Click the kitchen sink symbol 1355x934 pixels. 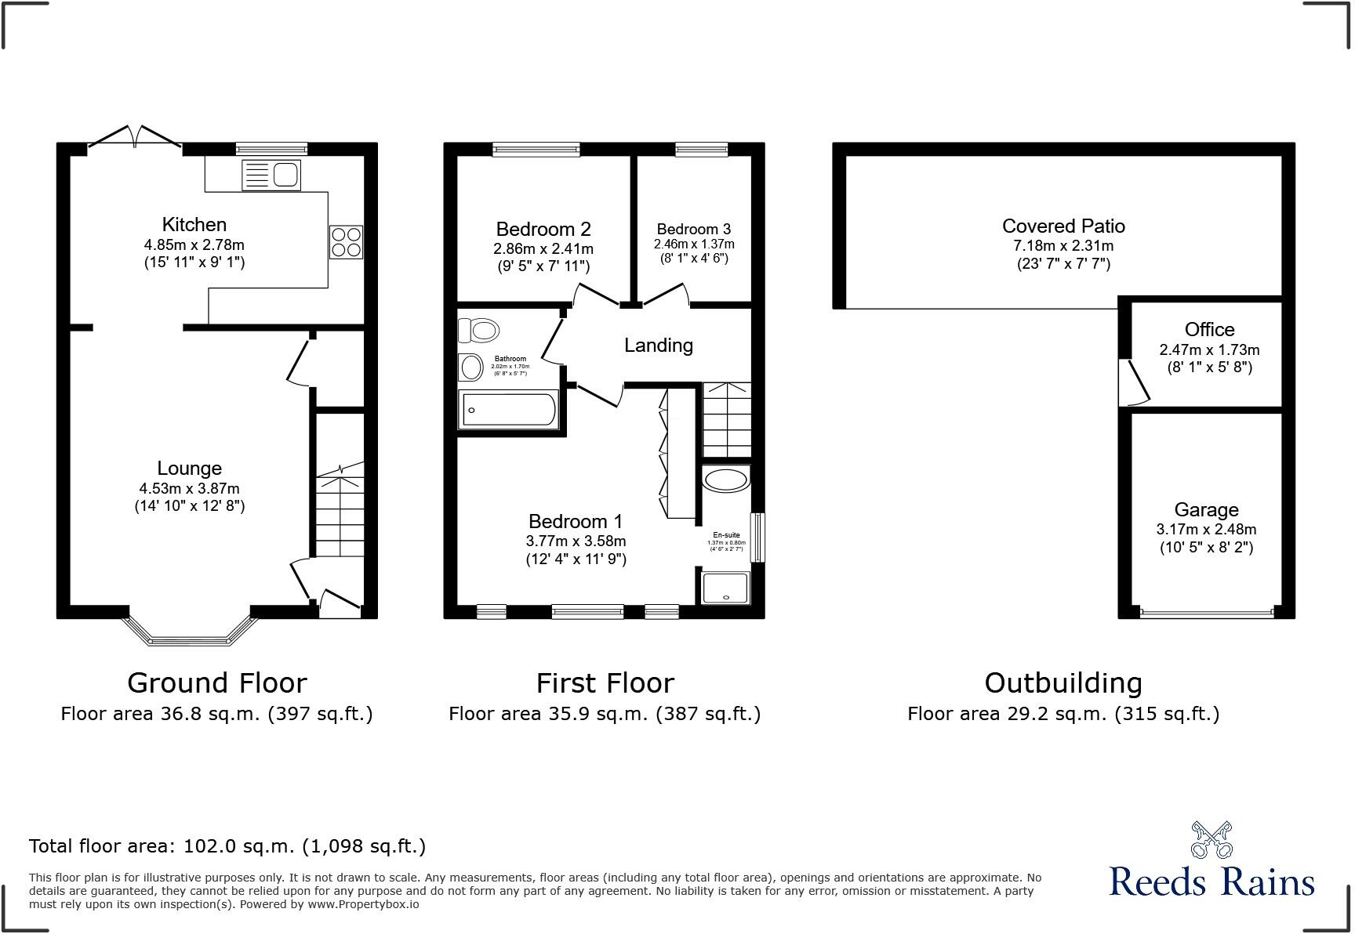point(271,174)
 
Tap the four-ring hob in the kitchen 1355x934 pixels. point(346,242)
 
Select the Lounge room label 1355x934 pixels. point(189,469)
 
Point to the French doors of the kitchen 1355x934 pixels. point(136,137)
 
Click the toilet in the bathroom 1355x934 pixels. point(478,330)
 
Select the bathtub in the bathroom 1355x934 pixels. point(509,410)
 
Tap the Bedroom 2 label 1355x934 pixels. point(543,230)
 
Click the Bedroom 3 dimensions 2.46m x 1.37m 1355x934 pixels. point(694,244)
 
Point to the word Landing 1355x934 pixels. point(658,346)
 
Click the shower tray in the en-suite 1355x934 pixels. point(725,588)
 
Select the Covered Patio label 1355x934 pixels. point(1063,226)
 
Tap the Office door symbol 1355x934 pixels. point(1136,382)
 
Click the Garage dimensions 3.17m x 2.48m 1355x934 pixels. point(1206,530)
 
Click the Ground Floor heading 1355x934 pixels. point(216,683)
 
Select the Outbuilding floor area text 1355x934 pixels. point(1063,714)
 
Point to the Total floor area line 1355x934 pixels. point(227,846)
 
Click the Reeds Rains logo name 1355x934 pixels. point(1212,882)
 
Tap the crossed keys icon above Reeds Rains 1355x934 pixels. point(1212,839)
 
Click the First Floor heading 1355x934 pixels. point(605,683)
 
